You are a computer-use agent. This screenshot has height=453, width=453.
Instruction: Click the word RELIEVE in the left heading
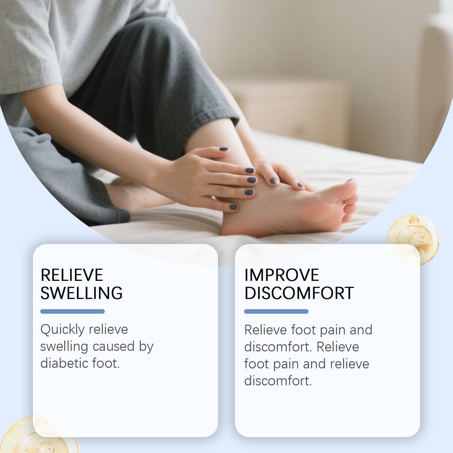click(x=72, y=275)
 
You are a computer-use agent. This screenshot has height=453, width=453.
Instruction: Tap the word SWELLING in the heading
click(x=81, y=293)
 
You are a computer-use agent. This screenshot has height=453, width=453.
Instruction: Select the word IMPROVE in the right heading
click(x=281, y=275)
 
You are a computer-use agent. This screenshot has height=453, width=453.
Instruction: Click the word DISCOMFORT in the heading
click(x=299, y=293)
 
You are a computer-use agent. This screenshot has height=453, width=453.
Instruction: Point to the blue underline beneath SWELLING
click(x=73, y=311)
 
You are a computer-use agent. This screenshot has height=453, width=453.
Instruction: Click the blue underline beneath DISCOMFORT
click(x=276, y=311)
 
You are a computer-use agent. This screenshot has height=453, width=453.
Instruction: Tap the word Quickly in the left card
click(x=62, y=330)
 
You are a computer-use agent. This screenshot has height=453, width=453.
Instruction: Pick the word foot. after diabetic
click(x=106, y=363)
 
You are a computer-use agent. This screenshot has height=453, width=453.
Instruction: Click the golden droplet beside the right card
click(x=413, y=239)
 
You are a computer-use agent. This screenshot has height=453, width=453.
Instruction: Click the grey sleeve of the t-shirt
click(x=31, y=66)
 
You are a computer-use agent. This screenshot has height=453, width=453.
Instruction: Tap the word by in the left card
click(x=146, y=346)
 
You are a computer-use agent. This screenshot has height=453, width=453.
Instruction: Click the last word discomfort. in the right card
click(x=278, y=381)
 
